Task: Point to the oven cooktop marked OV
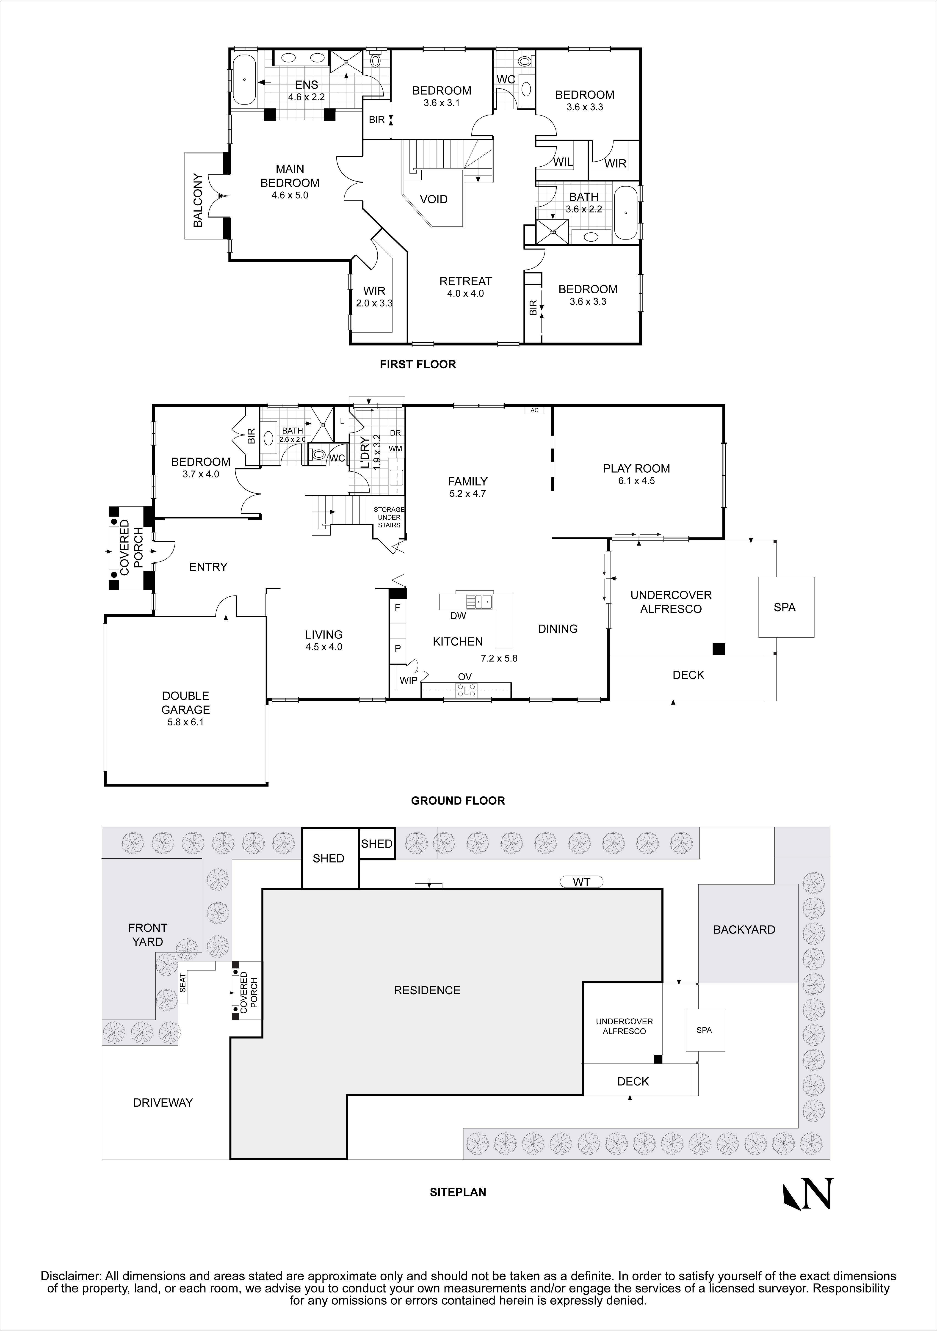466,690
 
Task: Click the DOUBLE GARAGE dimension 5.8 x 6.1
185,722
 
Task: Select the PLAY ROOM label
636,468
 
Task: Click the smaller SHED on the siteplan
377,844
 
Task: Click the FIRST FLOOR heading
417,364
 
